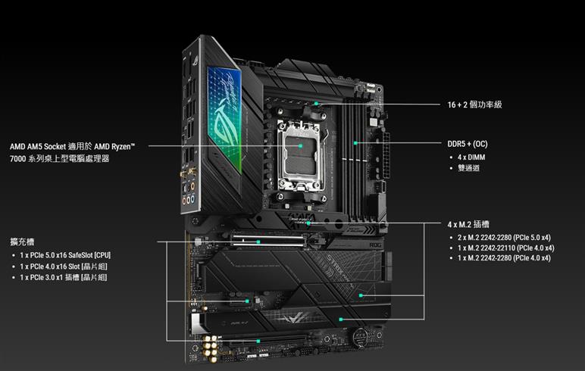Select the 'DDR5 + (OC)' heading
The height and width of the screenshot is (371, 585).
(x=468, y=144)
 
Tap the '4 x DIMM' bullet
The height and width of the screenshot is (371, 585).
(x=471, y=157)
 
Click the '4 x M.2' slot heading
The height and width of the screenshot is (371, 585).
(x=468, y=224)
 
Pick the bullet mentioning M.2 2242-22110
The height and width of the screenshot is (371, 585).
(x=506, y=248)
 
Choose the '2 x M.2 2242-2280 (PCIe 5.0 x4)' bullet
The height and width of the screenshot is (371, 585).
(x=504, y=238)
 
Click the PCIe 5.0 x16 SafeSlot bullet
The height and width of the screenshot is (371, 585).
(x=65, y=255)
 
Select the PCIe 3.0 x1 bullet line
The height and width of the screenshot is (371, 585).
(x=64, y=277)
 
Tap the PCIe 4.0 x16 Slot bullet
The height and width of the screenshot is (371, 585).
(x=64, y=267)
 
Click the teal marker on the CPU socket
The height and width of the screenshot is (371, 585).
(x=300, y=146)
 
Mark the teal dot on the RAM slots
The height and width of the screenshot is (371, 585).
(x=355, y=143)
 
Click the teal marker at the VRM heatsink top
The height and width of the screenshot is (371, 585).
(x=316, y=103)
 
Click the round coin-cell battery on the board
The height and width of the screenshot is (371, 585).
(x=361, y=337)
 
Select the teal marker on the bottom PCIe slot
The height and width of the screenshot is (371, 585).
(x=258, y=341)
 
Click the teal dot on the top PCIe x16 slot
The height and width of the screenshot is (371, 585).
(x=258, y=242)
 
